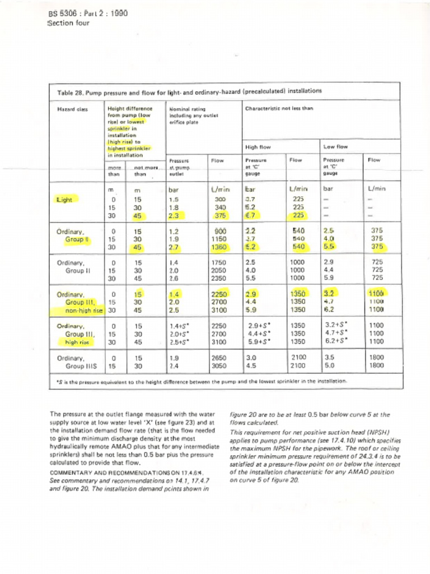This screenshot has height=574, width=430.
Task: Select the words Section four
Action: (x=69, y=23)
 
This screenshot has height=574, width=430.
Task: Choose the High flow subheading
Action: (x=258, y=147)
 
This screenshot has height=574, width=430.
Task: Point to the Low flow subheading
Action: (x=335, y=147)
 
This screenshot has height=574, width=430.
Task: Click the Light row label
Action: (x=66, y=199)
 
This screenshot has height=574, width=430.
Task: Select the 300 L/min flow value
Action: (x=220, y=199)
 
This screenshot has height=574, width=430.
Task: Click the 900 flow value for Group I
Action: (x=220, y=231)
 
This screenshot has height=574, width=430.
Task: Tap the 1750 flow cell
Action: (x=219, y=262)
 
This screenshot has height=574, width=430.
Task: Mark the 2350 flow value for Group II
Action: (x=219, y=277)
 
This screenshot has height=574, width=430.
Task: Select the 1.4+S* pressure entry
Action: (x=180, y=326)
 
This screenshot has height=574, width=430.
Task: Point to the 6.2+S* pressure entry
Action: (x=336, y=341)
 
